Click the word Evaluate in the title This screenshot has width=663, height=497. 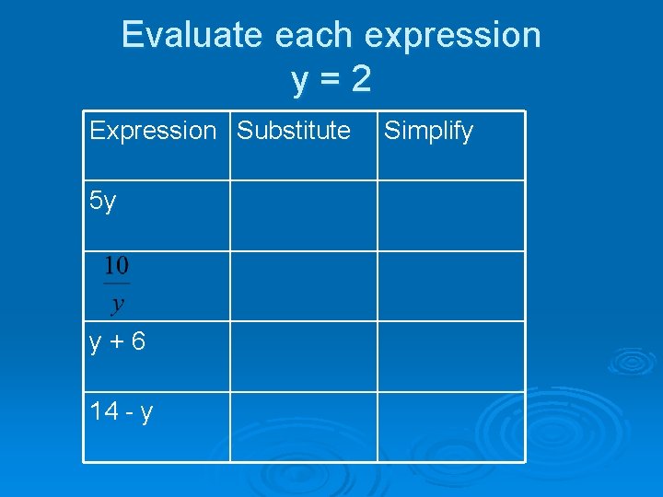(192, 35)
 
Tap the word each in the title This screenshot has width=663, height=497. (314, 35)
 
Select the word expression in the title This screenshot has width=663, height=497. (453, 35)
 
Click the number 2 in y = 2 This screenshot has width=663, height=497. (361, 80)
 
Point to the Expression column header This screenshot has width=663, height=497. (152, 131)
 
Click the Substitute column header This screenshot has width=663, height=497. (294, 131)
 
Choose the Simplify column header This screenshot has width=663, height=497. (428, 131)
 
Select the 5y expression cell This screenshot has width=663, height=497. (103, 201)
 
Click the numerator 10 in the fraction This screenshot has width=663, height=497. (116, 267)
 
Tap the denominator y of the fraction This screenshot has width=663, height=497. (117, 303)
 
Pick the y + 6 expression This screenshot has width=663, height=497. (117, 341)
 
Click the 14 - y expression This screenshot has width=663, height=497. (122, 410)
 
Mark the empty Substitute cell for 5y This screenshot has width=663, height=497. (303, 215)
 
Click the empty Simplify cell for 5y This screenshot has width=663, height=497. (450, 215)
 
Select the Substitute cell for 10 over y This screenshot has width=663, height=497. (303, 286)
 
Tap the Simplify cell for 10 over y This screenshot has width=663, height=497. (450, 286)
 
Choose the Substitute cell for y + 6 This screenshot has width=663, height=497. (303, 356)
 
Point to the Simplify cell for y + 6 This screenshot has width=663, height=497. (450, 356)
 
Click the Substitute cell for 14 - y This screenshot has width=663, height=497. (303, 426)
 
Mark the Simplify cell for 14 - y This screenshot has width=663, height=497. (450, 426)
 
